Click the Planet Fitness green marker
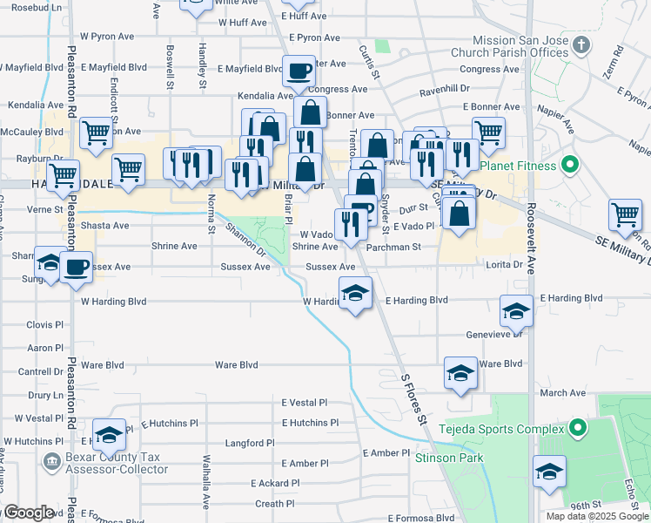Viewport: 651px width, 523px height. point(570,164)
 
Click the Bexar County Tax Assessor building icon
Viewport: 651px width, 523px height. point(53,460)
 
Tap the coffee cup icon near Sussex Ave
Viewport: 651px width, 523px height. point(77,266)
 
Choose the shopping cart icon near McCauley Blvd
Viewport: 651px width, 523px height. point(96,132)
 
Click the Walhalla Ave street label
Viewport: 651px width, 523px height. point(206,479)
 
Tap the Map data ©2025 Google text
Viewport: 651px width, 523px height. point(597,516)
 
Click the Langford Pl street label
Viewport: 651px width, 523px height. point(250,443)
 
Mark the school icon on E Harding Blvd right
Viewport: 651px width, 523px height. point(516,310)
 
